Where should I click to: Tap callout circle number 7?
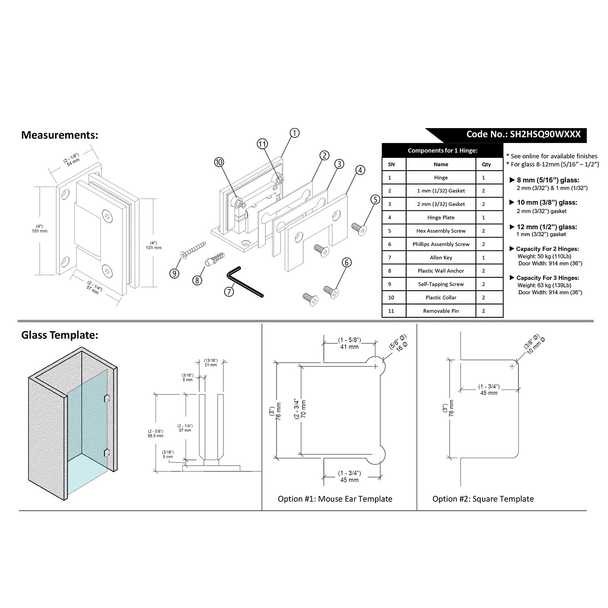tap(229, 291)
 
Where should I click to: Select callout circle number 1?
tap(295, 133)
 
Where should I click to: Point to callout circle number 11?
tap(262, 144)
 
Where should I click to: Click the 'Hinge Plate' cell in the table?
tap(441, 218)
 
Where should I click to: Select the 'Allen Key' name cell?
tap(441, 258)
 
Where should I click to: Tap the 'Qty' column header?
tap(486, 164)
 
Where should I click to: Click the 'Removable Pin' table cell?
tap(441, 311)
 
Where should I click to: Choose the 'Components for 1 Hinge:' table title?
tap(442, 150)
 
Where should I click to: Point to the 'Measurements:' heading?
tap(60, 135)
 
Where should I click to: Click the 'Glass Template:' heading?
tap(60, 335)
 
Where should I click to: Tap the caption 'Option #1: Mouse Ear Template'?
tap(335, 499)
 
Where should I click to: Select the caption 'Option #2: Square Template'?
tap(483, 499)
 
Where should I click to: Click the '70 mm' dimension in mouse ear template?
tap(304, 409)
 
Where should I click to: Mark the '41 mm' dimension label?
tap(349, 347)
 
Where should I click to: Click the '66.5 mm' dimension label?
tap(156, 436)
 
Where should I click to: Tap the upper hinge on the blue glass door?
tap(107, 398)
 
